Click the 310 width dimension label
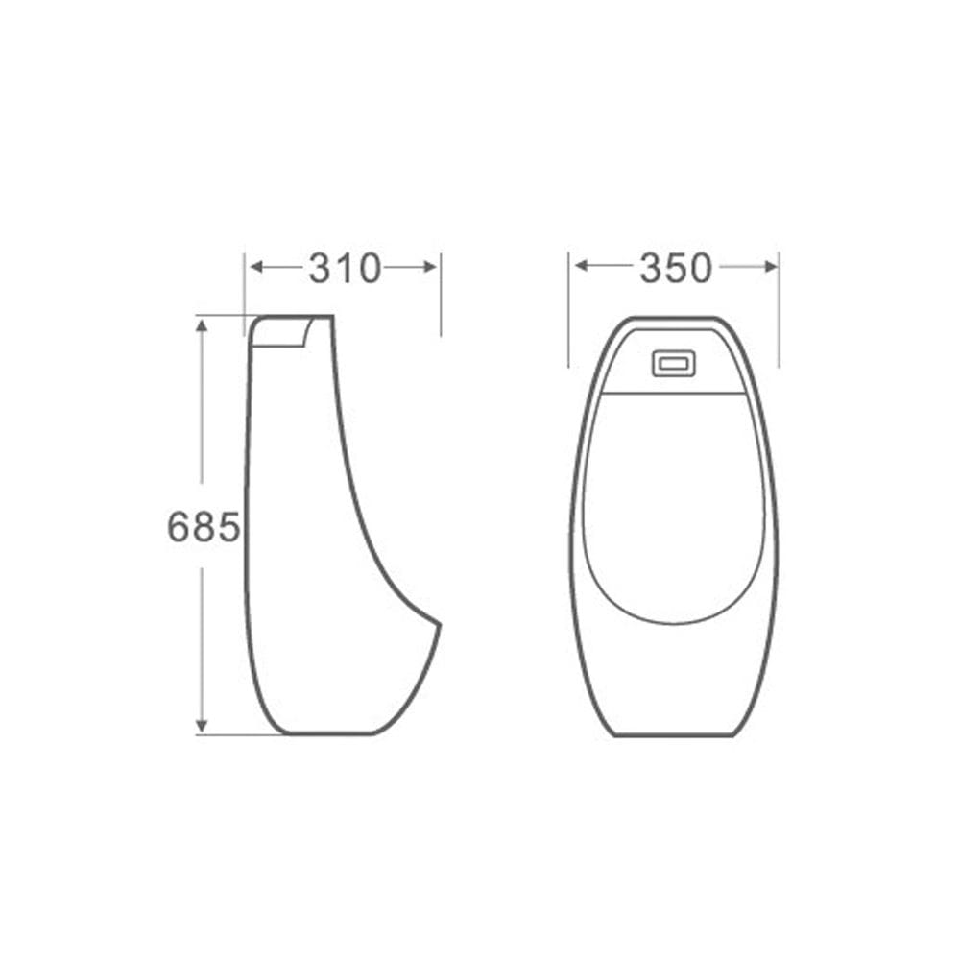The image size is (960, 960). pyautogui.click(x=345, y=269)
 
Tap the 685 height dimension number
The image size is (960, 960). pyautogui.click(x=203, y=526)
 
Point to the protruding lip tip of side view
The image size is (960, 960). pyautogui.click(x=439, y=624)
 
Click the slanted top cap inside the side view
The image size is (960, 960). pyautogui.click(x=280, y=332)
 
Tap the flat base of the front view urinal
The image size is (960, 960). pyautogui.click(x=673, y=735)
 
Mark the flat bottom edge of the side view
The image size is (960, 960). pyautogui.click(x=326, y=734)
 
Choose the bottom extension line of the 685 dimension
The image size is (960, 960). pyautogui.click(x=240, y=735)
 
